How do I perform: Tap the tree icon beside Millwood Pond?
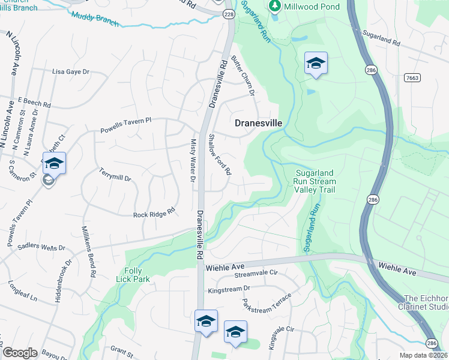pos(275,5)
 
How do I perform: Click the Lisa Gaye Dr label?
pos(71,71)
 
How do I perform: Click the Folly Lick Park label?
pos(129,274)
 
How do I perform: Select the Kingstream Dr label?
pos(228,289)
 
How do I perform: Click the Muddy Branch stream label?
pos(95,20)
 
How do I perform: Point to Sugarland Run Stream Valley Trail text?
pos(315,182)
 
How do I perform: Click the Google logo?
pos(20,353)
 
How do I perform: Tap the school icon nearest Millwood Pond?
pos(316,64)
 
